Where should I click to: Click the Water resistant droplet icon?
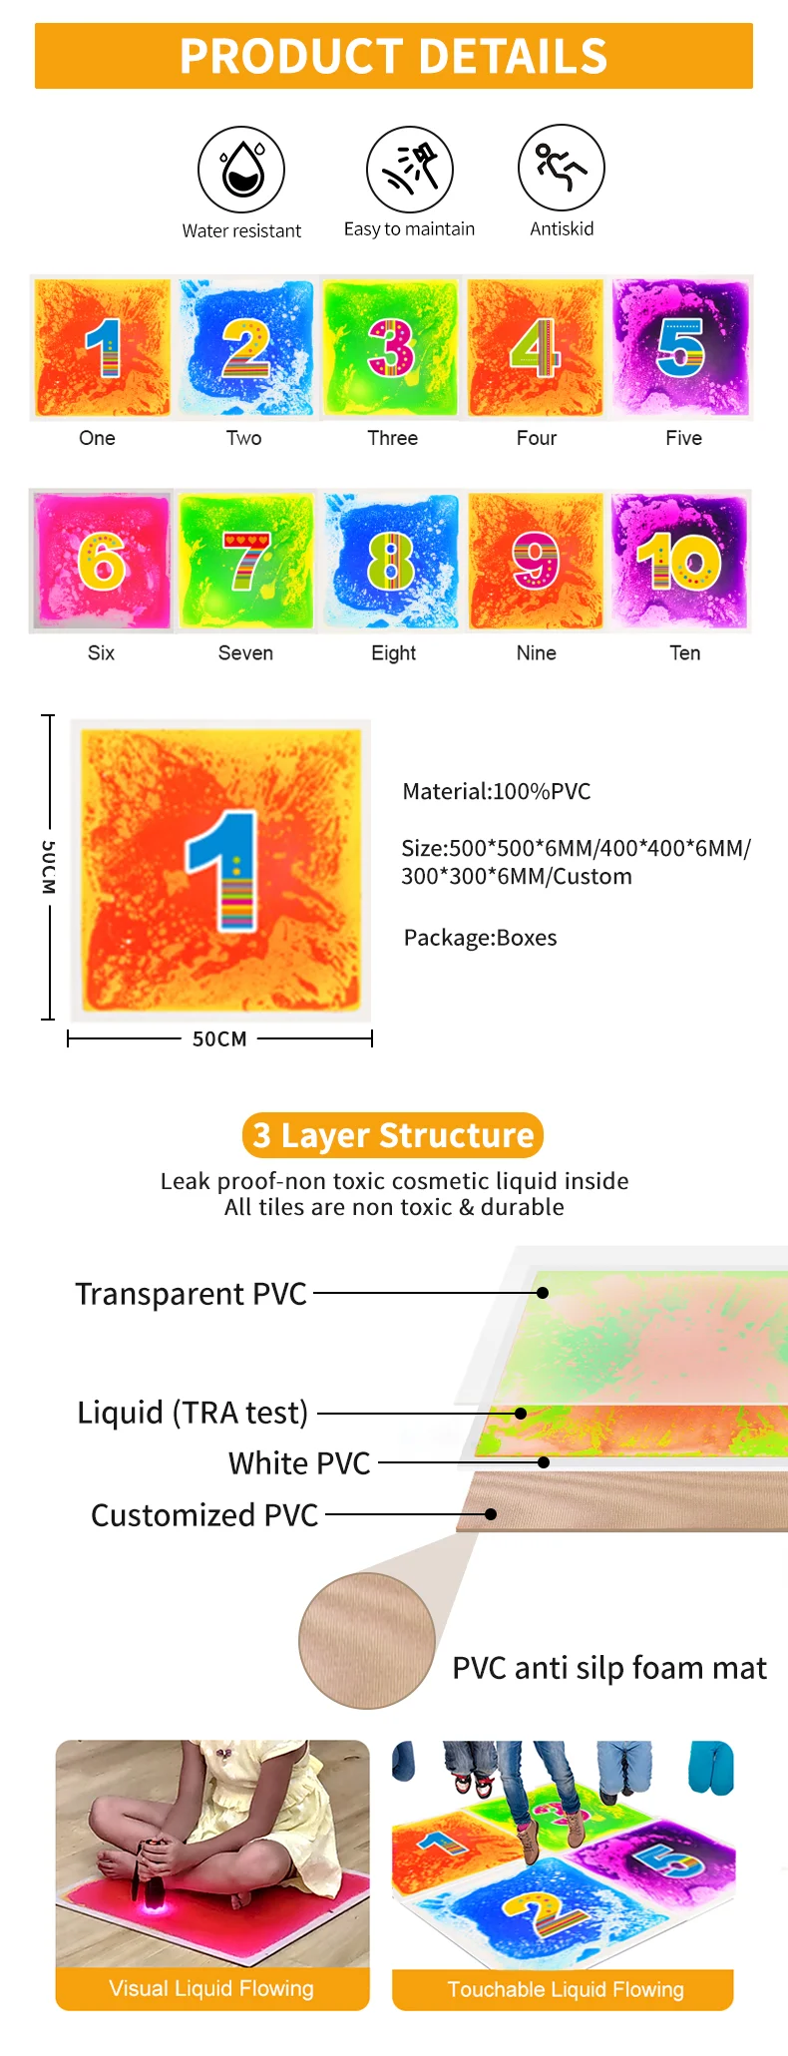[x=241, y=169]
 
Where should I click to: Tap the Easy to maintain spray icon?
[x=410, y=169]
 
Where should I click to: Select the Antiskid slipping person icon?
[x=562, y=168]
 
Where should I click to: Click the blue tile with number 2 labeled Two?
[x=246, y=347]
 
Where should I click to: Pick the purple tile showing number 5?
[x=681, y=347]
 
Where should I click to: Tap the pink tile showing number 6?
[x=101, y=560]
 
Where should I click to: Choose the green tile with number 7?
[x=246, y=560]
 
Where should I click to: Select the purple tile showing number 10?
[x=681, y=560]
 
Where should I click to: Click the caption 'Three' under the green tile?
[x=393, y=438]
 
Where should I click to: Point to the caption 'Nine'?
[x=537, y=653]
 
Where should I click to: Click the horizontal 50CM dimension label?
[x=219, y=1039]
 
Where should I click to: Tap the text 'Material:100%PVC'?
[x=497, y=792]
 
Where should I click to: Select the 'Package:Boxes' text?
[x=481, y=938]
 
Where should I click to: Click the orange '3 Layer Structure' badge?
[x=393, y=1135]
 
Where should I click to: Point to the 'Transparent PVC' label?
[x=192, y=1294]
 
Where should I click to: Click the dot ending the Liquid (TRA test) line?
[x=521, y=1414]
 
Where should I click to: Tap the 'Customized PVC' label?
[x=204, y=1515]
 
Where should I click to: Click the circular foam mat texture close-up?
[x=367, y=1641]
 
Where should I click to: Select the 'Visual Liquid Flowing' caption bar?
[x=211, y=1989]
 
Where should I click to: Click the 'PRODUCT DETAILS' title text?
[x=394, y=56]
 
